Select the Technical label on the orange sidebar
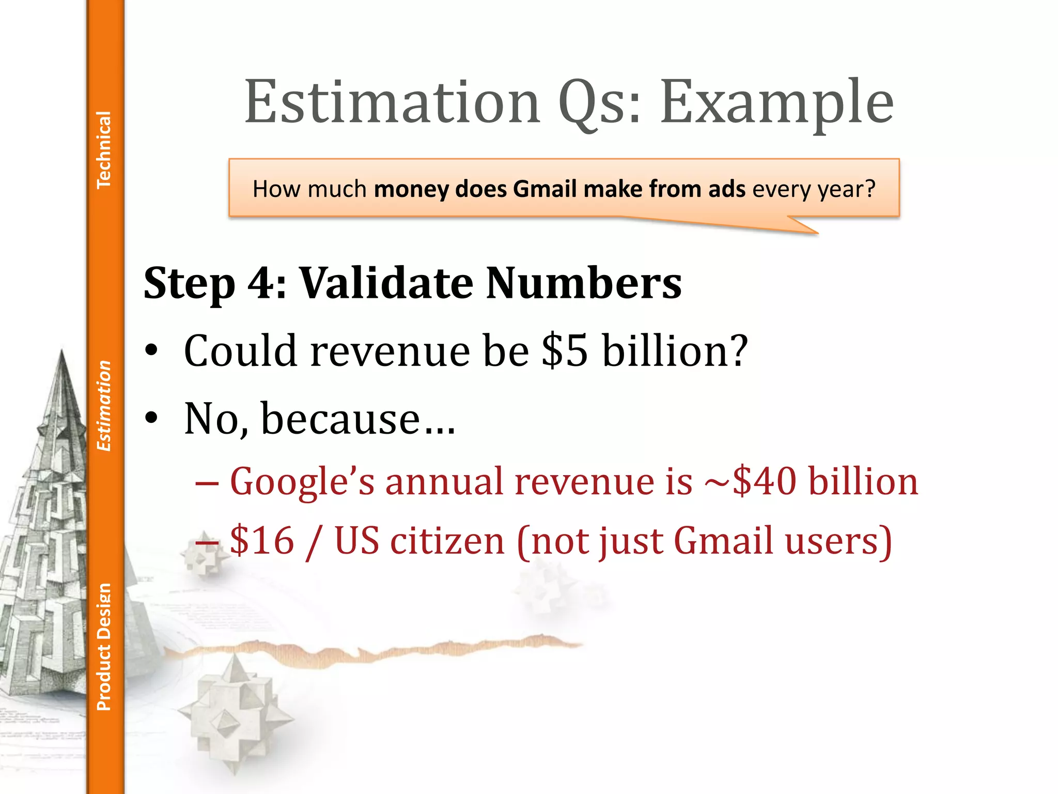point(104,149)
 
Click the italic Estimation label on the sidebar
point(104,406)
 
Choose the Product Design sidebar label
point(104,647)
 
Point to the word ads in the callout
point(727,189)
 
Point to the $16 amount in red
point(262,541)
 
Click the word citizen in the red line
point(447,541)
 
